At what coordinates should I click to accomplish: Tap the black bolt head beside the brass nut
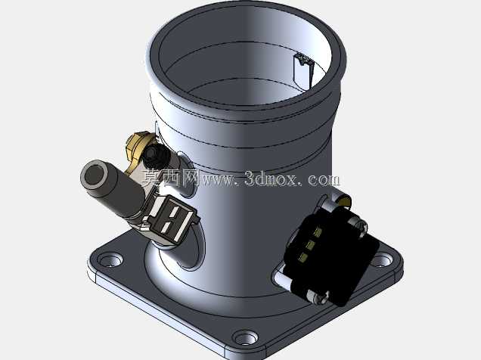pos(156,155)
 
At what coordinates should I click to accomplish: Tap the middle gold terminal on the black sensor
pos(310,245)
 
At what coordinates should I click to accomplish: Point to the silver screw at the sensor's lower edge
pos(318,297)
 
